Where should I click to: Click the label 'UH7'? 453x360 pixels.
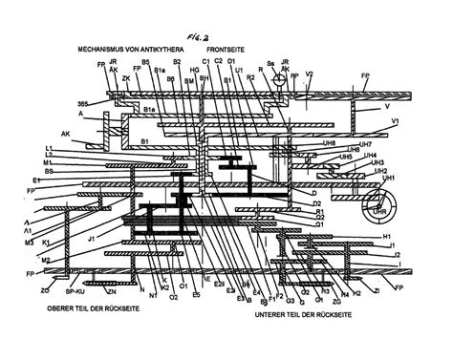point(379,143)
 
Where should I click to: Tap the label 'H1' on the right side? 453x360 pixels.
point(387,236)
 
